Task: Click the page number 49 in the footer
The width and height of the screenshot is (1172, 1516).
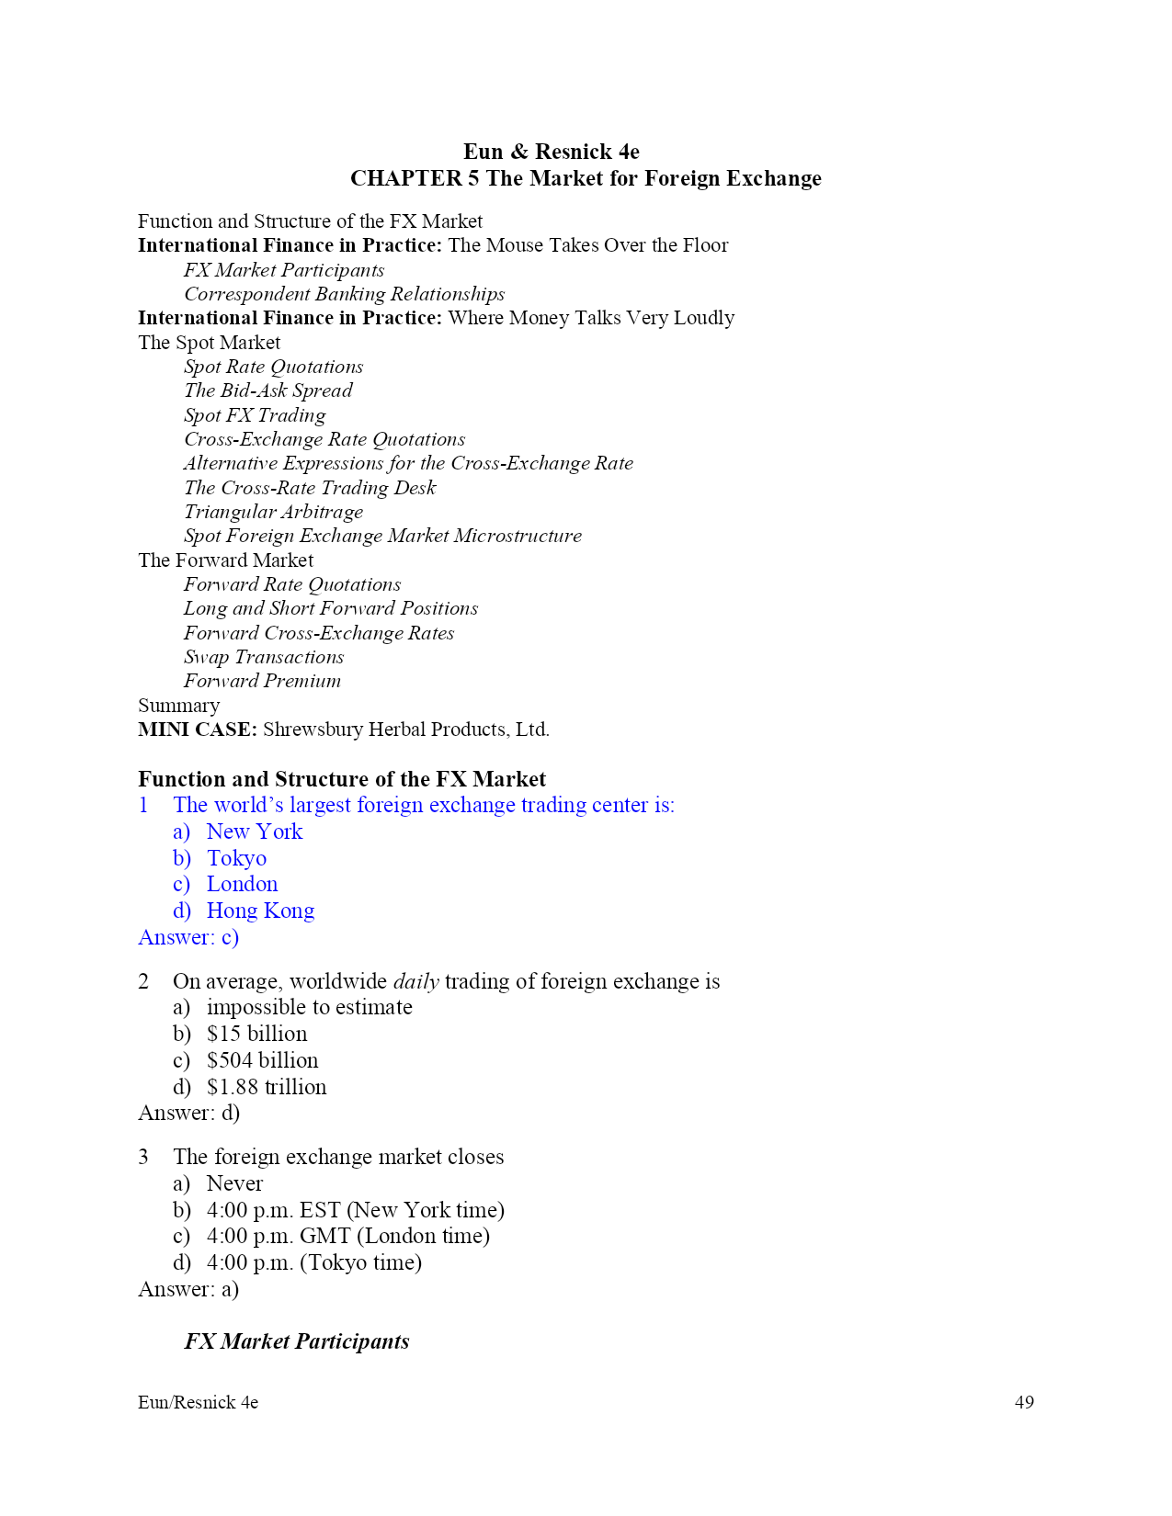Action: tap(1024, 1402)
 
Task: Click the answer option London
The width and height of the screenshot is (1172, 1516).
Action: tap(242, 884)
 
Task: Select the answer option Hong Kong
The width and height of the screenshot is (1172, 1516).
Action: tap(260, 911)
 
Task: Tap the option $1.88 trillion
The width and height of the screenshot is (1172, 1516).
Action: tap(267, 1087)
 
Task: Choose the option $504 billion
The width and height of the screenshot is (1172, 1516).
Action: tap(262, 1060)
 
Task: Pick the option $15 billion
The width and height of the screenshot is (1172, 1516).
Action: tap(256, 1034)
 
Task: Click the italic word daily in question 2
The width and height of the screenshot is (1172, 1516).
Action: tap(415, 981)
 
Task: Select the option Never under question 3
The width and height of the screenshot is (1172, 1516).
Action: tap(234, 1183)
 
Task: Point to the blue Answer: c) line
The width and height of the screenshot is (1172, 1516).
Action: tap(188, 937)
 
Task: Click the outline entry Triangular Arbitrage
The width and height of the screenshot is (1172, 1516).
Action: tap(273, 512)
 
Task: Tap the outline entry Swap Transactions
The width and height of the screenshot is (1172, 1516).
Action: tap(264, 657)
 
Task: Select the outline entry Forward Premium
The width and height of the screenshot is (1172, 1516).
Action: tap(262, 681)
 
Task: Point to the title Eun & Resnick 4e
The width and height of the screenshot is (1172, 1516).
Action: tap(551, 152)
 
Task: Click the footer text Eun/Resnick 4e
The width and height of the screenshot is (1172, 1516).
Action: tap(198, 1402)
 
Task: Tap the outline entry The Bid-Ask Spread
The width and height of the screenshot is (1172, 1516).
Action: tap(267, 390)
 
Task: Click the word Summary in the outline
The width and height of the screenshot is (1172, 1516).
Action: tap(178, 706)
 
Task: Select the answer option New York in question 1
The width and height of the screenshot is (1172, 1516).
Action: tap(254, 832)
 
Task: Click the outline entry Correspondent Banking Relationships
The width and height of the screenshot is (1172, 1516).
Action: tap(344, 294)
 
